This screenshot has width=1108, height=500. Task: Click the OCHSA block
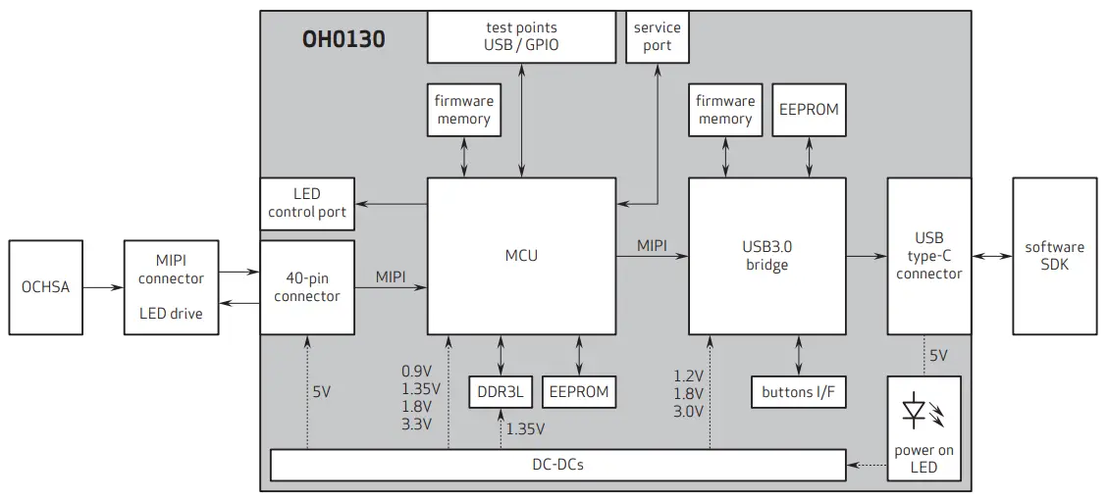45,287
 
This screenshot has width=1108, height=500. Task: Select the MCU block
521,256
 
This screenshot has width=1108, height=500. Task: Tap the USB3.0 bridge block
766,256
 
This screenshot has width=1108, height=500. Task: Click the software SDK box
1054,256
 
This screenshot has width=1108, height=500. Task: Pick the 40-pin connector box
307,287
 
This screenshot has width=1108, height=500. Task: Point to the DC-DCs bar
557,464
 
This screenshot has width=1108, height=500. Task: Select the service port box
658,36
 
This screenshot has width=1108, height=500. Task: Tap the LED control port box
307,203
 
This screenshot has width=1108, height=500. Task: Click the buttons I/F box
799,392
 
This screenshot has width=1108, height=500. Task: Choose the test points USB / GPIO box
522,36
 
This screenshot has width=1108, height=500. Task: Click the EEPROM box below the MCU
579,392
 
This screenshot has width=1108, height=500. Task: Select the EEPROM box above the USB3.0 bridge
809,110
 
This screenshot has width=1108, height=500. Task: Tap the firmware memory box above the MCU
463,110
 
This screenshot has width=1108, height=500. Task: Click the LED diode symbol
914,409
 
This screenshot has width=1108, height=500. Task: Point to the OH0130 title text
343,40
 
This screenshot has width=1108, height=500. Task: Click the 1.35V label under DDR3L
525,428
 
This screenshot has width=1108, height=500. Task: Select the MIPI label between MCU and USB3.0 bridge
654,244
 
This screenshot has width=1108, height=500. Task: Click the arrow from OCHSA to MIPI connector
103,287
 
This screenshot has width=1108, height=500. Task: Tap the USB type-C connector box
928,256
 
